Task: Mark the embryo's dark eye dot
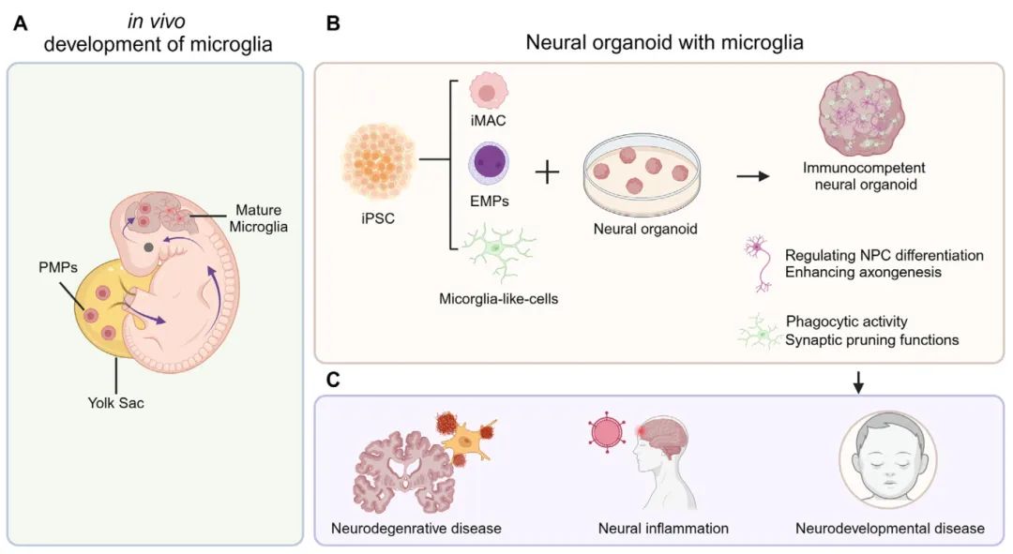tap(148, 247)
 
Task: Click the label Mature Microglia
tap(258, 218)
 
